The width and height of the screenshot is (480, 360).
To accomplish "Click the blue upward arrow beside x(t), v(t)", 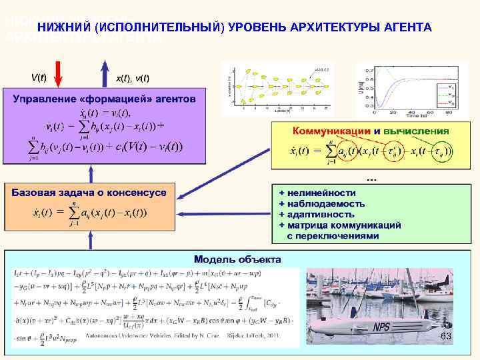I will click(x=104, y=74).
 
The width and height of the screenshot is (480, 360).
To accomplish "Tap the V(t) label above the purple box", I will click(x=39, y=77).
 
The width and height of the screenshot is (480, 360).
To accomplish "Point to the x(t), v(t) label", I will click(x=133, y=78).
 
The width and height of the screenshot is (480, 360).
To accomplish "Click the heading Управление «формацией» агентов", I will click(x=105, y=99).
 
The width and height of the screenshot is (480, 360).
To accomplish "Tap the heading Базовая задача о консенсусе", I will click(x=89, y=192).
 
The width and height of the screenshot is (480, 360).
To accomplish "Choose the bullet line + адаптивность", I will click(x=316, y=214).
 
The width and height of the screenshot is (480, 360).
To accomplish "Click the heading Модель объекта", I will click(x=237, y=259).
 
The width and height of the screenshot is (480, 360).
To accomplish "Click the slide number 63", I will click(x=446, y=337).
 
